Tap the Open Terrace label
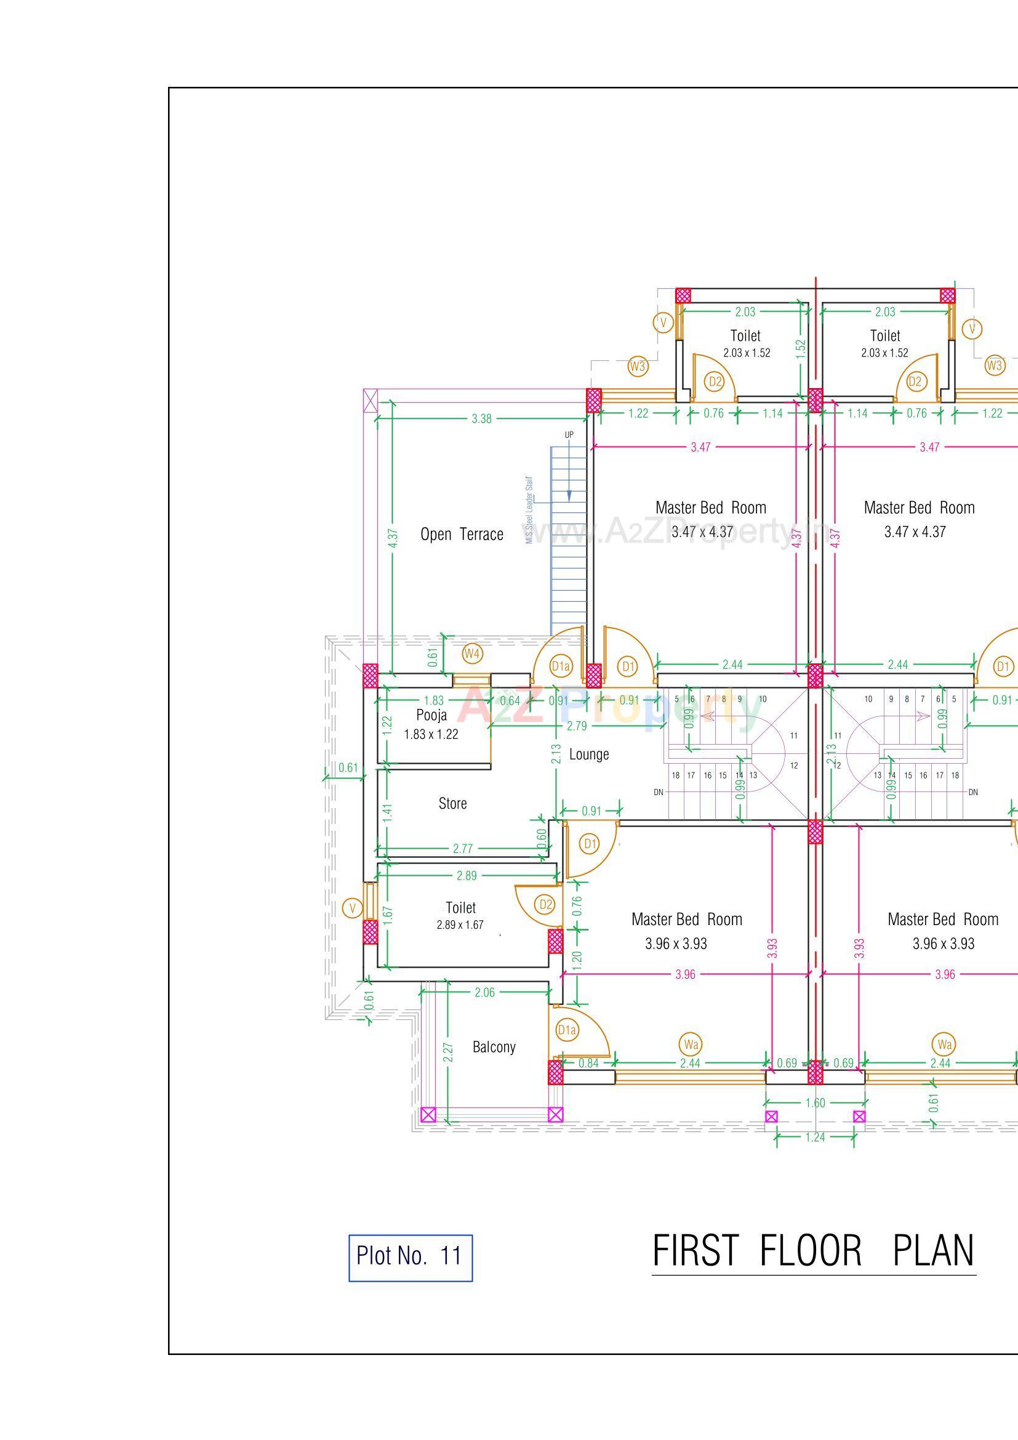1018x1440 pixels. pos(462,535)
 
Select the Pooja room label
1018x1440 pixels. pos(431,716)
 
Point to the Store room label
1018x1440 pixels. pos(452,803)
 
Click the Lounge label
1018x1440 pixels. pos(588,754)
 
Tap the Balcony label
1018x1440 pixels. pos(494,1047)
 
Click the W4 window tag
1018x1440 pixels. pos(473,654)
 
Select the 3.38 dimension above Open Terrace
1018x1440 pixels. pos(481,419)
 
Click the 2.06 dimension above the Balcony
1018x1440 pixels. pos(484,992)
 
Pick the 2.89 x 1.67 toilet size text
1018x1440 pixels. pos(460,925)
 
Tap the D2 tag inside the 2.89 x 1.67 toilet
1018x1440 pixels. pos(546,904)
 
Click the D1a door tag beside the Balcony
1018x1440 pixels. pos(567,1030)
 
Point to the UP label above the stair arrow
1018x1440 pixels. pos(569,435)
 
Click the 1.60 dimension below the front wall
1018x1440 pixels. pos(814,1103)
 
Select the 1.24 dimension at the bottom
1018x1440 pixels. pos(814,1138)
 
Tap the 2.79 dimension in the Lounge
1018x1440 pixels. pos(577,726)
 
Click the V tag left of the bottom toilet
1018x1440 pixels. pos(353,908)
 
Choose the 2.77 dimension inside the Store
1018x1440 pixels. pos(463,849)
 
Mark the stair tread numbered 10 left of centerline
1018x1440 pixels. pos(763,698)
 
